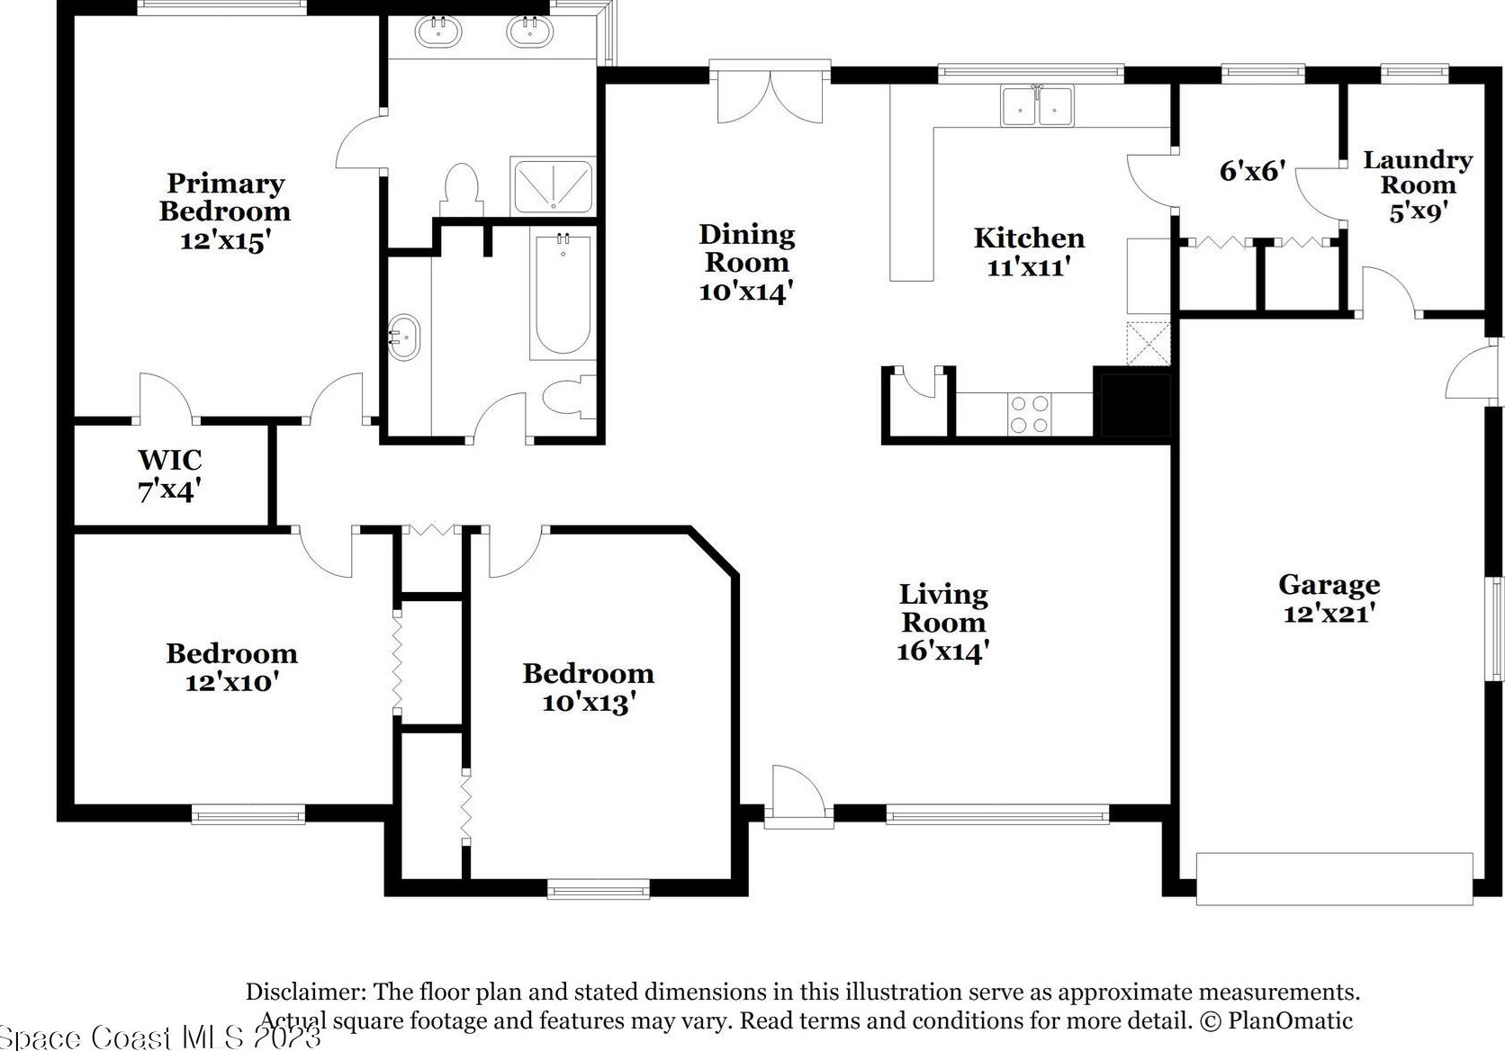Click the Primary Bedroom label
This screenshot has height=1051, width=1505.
(x=225, y=211)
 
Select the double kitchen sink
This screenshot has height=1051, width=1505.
(x=1037, y=105)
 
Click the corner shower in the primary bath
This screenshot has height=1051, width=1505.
(x=553, y=186)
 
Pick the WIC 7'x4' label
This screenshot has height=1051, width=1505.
(x=170, y=475)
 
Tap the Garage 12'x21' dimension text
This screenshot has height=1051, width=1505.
(x=1329, y=613)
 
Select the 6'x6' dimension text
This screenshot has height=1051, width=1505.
(x=1252, y=171)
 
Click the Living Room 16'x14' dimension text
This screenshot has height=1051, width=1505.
(x=943, y=651)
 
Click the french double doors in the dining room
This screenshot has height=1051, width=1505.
(x=770, y=93)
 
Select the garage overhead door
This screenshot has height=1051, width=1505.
(x=1335, y=879)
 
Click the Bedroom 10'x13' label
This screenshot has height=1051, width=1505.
(x=589, y=687)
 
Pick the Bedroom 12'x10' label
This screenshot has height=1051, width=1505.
(x=232, y=668)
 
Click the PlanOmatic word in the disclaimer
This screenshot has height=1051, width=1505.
(x=1291, y=1020)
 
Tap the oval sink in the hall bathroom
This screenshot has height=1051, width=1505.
(x=404, y=337)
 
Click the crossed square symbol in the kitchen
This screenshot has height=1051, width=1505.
(x=1149, y=344)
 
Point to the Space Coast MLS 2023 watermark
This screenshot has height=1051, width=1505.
(x=160, y=1037)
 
